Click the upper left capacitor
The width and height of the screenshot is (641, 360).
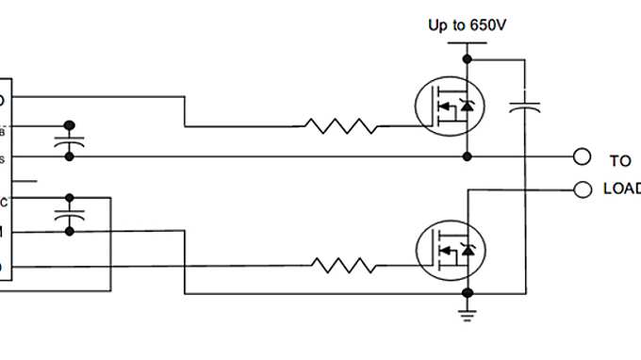(x=68, y=140)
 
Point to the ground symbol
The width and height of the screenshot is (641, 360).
(x=466, y=312)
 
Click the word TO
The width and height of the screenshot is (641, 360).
(x=619, y=161)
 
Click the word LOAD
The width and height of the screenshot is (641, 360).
(x=621, y=189)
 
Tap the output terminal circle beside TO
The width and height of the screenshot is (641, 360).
(x=583, y=156)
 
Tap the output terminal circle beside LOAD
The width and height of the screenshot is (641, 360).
(x=583, y=189)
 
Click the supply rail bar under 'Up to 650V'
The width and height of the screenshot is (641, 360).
(x=466, y=43)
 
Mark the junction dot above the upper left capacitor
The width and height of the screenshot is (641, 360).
(x=68, y=124)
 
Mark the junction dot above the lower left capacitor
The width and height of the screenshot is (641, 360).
(x=68, y=198)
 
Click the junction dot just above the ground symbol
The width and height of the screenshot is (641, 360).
(x=466, y=294)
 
